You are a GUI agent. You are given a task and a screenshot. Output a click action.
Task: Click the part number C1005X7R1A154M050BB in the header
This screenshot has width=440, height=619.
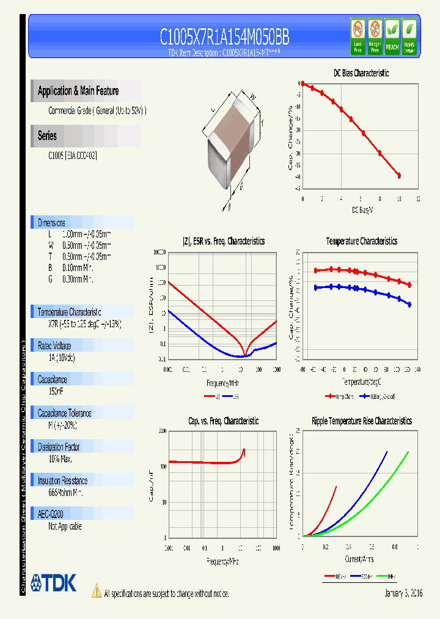(x=224, y=37)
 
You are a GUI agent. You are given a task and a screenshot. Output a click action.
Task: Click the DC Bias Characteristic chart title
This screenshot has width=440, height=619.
(x=361, y=73)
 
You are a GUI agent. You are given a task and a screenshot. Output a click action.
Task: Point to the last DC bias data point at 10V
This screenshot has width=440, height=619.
(x=399, y=176)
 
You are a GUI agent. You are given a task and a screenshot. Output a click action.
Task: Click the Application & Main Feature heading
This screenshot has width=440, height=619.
(x=78, y=91)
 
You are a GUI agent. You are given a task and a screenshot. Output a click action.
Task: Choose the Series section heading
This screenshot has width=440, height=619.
(x=47, y=136)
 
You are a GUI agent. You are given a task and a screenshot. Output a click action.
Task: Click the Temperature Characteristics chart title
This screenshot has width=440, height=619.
(x=361, y=242)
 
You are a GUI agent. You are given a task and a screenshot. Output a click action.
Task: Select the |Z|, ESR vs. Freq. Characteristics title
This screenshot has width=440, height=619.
(x=224, y=242)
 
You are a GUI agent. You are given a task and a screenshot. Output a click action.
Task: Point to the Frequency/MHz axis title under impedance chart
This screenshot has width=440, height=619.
(x=222, y=383)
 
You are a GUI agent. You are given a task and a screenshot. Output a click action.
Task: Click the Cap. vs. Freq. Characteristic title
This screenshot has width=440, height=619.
(x=223, y=421)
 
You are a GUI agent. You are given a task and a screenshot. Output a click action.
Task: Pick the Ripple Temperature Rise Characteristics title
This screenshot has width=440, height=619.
(x=361, y=421)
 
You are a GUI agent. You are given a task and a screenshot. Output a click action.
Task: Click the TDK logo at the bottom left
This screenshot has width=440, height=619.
(x=53, y=583)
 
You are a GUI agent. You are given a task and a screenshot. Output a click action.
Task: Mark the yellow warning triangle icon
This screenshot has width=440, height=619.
(x=96, y=591)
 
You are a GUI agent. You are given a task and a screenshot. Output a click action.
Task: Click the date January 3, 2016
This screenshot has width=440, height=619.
(x=404, y=593)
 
